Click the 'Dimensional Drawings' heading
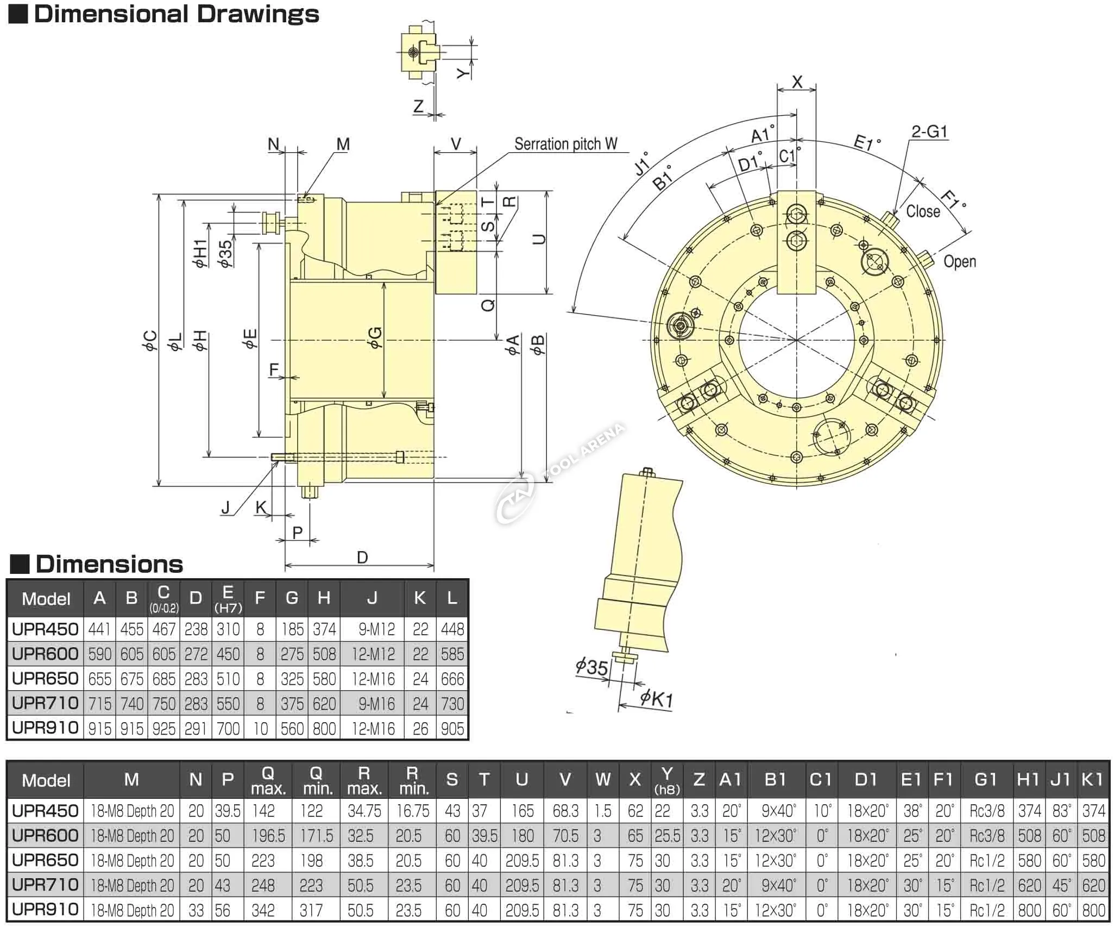point(176,14)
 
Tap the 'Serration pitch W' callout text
point(565,144)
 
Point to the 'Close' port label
point(923,211)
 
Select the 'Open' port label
point(959,261)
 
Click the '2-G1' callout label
point(929,132)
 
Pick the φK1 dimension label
point(656,698)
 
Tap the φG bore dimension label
point(375,337)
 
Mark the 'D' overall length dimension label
point(362,558)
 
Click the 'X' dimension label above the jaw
point(797,83)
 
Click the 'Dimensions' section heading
point(109,565)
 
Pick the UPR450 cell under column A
point(99,629)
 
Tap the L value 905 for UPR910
point(452,729)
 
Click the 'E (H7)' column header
point(228,598)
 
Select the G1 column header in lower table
point(985,780)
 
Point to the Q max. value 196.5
point(268,836)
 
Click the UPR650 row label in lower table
point(45,860)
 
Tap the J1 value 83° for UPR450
point(1061,811)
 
